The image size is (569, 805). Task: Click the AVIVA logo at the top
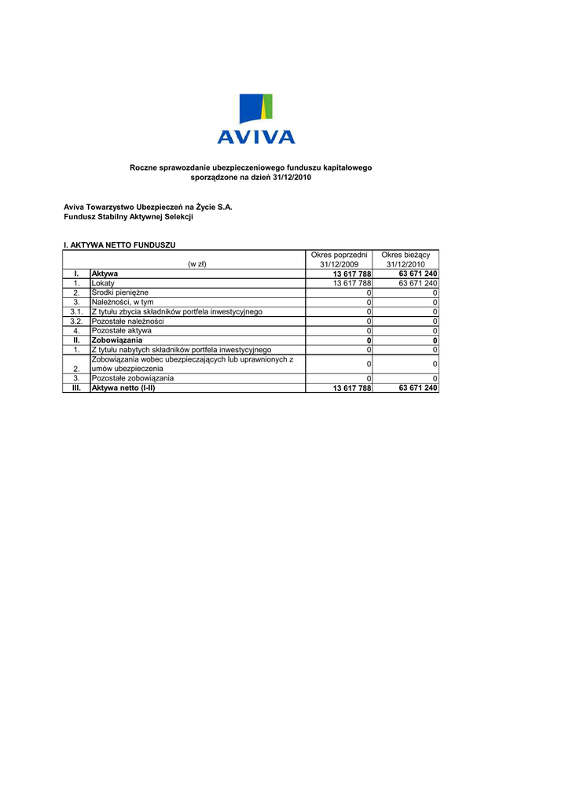(256, 119)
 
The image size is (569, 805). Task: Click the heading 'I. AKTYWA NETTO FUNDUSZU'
(120, 246)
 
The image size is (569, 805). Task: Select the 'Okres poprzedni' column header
(340, 255)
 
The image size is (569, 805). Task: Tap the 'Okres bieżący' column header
(406, 255)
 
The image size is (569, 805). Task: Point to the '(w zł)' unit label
(196, 264)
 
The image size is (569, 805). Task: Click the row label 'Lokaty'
(103, 283)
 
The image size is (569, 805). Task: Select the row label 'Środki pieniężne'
(120, 292)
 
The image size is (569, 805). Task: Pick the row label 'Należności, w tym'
(123, 302)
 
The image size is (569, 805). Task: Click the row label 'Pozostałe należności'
(128, 322)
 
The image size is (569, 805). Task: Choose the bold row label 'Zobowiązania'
(117, 340)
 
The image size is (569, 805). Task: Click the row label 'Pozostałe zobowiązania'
(133, 378)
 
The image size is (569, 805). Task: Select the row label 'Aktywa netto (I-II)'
(123, 388)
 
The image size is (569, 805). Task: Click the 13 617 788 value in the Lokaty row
(352, 283)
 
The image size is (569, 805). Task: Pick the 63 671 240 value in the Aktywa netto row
(418, 388)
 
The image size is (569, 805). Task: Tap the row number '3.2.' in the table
(76, 322)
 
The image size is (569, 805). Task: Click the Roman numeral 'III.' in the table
(76, 388)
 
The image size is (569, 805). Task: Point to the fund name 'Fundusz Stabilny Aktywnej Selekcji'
(128, 217)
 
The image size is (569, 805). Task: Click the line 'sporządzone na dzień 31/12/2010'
(251, 178)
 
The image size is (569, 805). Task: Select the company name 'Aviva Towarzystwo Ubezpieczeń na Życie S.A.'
(149, 207)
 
